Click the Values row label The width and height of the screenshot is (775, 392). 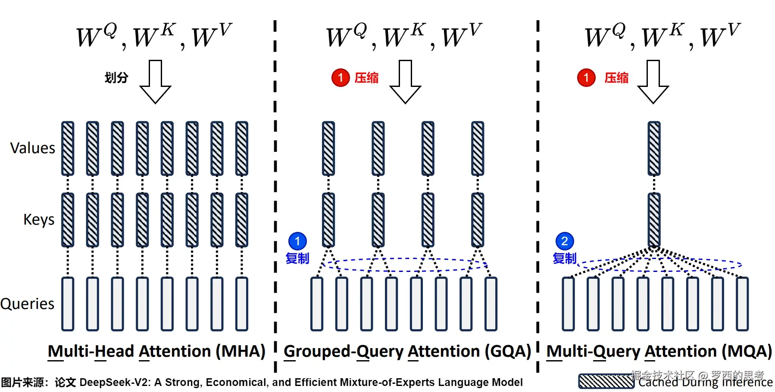pyautogui.click(x=33, y=148)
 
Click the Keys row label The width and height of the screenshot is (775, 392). pyautogui.click(x=39, y=219)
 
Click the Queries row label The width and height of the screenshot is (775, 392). pyautogui.click(x=28, y=304)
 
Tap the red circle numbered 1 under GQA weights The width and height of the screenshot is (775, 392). pyautogui.click(x=341, y=77)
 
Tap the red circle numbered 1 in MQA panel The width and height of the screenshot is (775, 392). pyautogui.click(x=586, y=77)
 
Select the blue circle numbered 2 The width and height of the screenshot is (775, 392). pyautogui.click(x=565, y=241)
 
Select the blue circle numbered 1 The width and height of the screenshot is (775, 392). pyautogui.click(x=297, y=241)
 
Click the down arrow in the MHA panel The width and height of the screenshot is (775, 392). pyautogui.click(x=155, y=82)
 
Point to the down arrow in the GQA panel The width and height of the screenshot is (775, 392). pyautogui.click(x=405, y=82)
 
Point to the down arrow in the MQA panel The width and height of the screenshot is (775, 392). pyautogui.click(x=653, y=82)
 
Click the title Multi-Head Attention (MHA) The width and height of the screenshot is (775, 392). pyautogui.click(x=156, y=352)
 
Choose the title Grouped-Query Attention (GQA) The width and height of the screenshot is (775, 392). pyautogui.click(x=407, y=352)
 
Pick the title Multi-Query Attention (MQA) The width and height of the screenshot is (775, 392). pyautogui.click(x=659, y=352)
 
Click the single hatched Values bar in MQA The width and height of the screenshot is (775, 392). pyautogui.click(x=654, y=148)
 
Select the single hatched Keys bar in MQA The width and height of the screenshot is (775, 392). pyautogui.click(x=654, y=220)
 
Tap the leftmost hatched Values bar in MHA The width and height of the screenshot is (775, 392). pyautogui.click(x=68, y=148)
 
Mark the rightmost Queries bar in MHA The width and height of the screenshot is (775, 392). pyautogui.click(x=242, y=304)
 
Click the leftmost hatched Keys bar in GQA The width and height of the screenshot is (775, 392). pyautogui.click(x=328, y=220)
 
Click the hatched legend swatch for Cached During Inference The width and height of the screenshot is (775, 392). pyautogui.click(x=606, y=382)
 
